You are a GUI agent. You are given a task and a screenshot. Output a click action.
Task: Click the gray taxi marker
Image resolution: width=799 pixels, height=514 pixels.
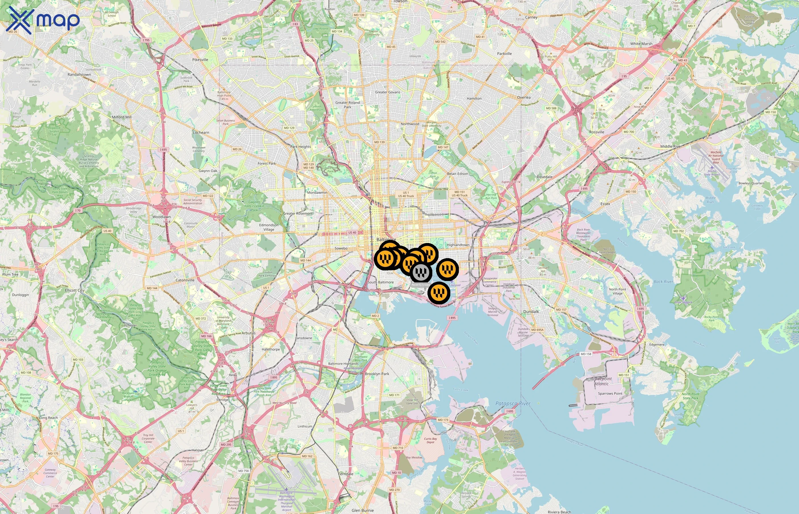coord(421,272)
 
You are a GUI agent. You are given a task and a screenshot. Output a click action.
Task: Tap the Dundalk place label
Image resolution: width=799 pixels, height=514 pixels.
coord(531,312)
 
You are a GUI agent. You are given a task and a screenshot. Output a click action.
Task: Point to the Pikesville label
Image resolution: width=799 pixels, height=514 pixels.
coord(200,60)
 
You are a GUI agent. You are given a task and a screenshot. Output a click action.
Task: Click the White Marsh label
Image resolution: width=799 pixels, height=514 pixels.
coord(641,44)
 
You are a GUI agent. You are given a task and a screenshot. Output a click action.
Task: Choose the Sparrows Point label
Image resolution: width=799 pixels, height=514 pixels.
coord(610,393)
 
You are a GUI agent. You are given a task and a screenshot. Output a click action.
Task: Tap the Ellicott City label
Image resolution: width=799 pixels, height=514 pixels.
coord(75,290)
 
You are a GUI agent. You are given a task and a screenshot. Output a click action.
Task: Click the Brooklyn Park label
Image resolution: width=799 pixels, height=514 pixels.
coord(377,374)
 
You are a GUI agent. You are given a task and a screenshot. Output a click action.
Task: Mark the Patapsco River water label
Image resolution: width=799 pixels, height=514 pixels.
coord(513,403)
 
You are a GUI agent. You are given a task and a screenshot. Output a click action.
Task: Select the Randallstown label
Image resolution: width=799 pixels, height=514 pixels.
coord(79,75)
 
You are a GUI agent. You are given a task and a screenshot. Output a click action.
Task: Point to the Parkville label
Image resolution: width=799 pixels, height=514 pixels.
coord(504,53)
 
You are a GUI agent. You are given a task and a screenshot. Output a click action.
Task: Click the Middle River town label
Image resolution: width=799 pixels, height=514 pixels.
coord(671,146)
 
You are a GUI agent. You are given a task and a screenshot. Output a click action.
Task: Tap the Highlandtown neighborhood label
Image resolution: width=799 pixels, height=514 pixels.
coord(458,245)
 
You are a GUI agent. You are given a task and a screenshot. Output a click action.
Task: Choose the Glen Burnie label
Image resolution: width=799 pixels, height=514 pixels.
coord(362,510)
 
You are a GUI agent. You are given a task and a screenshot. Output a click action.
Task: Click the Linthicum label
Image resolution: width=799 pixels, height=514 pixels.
coord(305,426)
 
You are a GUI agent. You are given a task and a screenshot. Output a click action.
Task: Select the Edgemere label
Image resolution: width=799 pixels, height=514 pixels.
coord(657,344)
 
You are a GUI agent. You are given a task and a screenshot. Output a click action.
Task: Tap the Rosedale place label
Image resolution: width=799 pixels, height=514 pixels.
coord(544,177)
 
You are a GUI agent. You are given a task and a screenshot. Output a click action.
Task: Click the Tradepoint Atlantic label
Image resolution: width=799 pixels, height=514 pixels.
coord(602,381)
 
